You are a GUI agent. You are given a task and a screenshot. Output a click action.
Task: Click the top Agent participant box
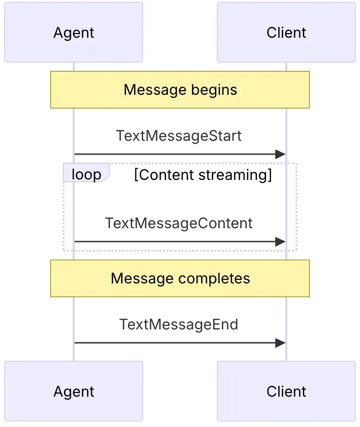pyautogui.click(x=74, y=32)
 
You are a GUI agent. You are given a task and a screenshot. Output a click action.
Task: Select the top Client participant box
pyautogui.click(x=286, y=32)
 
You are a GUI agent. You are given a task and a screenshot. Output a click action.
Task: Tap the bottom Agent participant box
pyautogui.click(x=74, y=391)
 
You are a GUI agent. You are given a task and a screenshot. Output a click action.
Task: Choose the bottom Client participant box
pyautogui.click(x=286, y=391)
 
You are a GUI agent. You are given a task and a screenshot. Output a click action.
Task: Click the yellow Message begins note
pyautogui.click(x=180, y=90)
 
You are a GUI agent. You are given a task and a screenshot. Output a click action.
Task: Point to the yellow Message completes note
pyautogui.click(x=180, y=278)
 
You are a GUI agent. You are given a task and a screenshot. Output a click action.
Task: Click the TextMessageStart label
pyautogui.click(x=179, y=136)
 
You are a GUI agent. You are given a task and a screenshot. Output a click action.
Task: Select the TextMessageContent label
pyautogui.click(x=179, y=223)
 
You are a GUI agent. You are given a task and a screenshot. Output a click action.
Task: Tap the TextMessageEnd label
pyautogui.click(x=179, y=324)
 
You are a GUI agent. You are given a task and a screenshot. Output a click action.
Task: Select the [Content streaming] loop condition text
pyautogui.click(x=203, y=175)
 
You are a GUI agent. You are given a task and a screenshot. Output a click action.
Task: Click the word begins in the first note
pyautogui.click(x=214, y=90)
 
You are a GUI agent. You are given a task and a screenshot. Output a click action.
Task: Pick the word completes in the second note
pyautogui.click(x=214, y=279)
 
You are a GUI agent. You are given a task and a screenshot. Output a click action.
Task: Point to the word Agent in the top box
pyautogui.click(x=74, y=33)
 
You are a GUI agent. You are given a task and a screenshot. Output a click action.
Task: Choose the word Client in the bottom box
pyautogui.click(x=286, y=391)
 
